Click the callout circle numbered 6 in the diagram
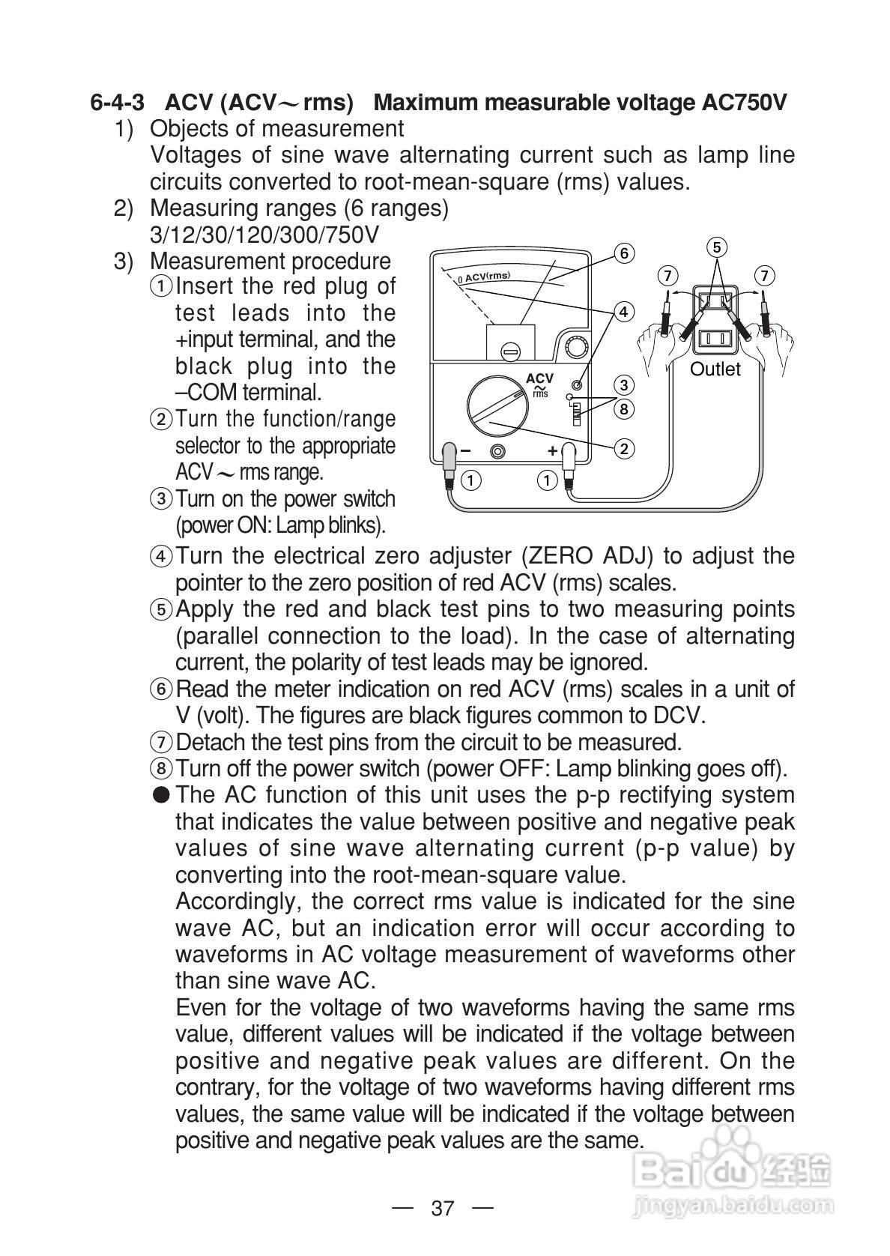coord(624,253)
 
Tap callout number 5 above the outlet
coord(717,247)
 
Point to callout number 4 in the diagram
coord(624,311)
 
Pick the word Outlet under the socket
coord(715,369)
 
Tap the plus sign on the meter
coord(552,450)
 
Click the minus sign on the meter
coord(465,451)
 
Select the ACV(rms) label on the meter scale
coord(486,277)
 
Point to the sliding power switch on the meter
coord(576,413)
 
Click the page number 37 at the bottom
coord(443,1208)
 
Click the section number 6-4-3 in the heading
coord(118,103)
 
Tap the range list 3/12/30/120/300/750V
coord(264,235)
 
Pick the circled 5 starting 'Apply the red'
coord(162,609)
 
